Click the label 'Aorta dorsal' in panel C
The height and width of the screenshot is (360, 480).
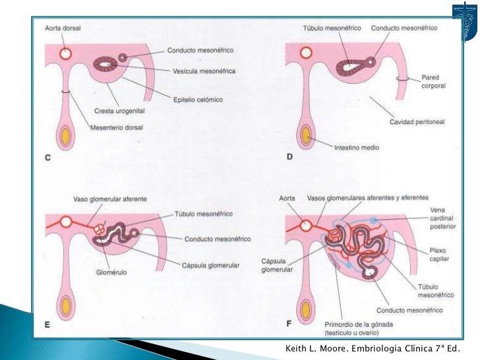63,28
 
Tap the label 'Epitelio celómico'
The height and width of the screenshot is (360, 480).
197,100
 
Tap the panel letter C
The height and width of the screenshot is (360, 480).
48,158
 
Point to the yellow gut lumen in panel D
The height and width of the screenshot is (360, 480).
306,138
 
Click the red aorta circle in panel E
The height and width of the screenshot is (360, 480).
66,225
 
